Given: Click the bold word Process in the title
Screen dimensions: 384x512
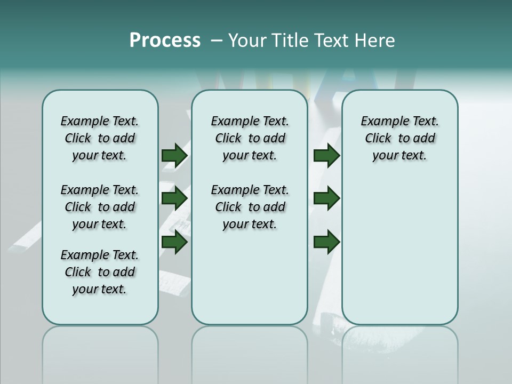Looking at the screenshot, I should coord(165,41).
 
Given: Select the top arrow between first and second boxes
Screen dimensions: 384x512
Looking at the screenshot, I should coord(174,155).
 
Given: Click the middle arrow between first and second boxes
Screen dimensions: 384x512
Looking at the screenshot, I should coord(174,199).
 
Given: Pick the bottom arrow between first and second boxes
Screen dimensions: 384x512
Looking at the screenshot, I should coord(174,243).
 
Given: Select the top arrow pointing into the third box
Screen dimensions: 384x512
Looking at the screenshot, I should coord(326,155).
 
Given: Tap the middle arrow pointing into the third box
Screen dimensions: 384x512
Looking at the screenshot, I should coord(326,199).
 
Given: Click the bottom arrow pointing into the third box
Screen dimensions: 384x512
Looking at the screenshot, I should coord(326,243).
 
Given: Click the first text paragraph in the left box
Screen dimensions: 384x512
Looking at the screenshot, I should coord(100,138).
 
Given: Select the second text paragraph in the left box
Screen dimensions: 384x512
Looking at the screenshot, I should coord(100,207).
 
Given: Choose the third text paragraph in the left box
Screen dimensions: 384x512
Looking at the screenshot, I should coord(100,272).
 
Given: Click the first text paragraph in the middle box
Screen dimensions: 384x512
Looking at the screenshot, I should coord(250,138).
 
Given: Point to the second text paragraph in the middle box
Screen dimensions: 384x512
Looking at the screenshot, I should coord(250,207).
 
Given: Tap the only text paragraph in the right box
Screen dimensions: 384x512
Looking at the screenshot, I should coord(399,138).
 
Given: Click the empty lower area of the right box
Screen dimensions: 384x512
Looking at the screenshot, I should coord(399,256).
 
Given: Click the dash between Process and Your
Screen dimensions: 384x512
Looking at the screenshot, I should coord(216,41).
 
